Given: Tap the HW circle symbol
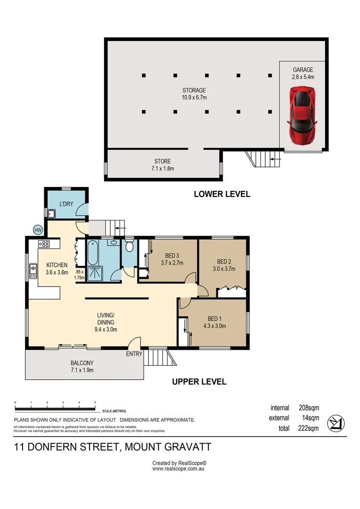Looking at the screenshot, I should pyautogui.click(x=38, y=230).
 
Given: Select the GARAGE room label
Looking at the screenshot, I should pyautogui.click(x=303, y=70).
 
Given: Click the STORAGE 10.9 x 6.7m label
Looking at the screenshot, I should pyautogui.click(x=194, y=94).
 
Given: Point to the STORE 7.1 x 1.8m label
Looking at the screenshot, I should pyautogui.click(x=163, y=164).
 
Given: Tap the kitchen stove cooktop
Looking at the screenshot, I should pyautogui.click(x=44, y=244).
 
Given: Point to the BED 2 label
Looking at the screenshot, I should pyautogui.click(x=224, y=262).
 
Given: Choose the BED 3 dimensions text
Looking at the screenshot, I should pyautogui.click(x=172, y=263).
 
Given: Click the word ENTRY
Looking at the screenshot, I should pyautogui.click(x=134, y=354).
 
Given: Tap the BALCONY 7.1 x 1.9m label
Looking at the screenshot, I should pyautogui.click(x=82, y=366).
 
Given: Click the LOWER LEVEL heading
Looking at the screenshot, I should pyautogui.click(x=222, y=194).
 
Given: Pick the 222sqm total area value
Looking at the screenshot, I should pyautogui.click(x=309, y=428).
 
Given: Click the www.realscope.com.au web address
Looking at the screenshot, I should pyautogui.click(x=178, y=469).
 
